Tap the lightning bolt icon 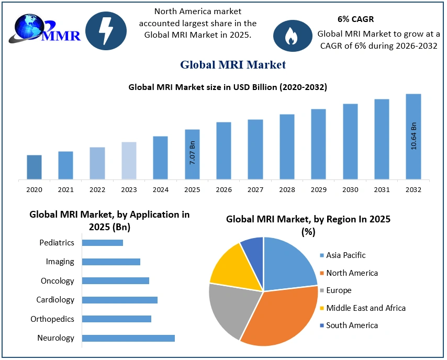[106, 31]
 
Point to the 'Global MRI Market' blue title [233, 65]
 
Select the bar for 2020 [34, 167]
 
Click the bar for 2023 [129, 161]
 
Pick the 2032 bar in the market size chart [414, 137]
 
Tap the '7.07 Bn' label [192, 153]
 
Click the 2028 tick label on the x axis [287, 189]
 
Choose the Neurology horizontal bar [128, 338]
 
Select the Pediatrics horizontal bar [103, 243]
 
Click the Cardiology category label [55, 300]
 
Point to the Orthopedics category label [52, 319]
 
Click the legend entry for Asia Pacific [345, 255]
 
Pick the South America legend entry [351, 325]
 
